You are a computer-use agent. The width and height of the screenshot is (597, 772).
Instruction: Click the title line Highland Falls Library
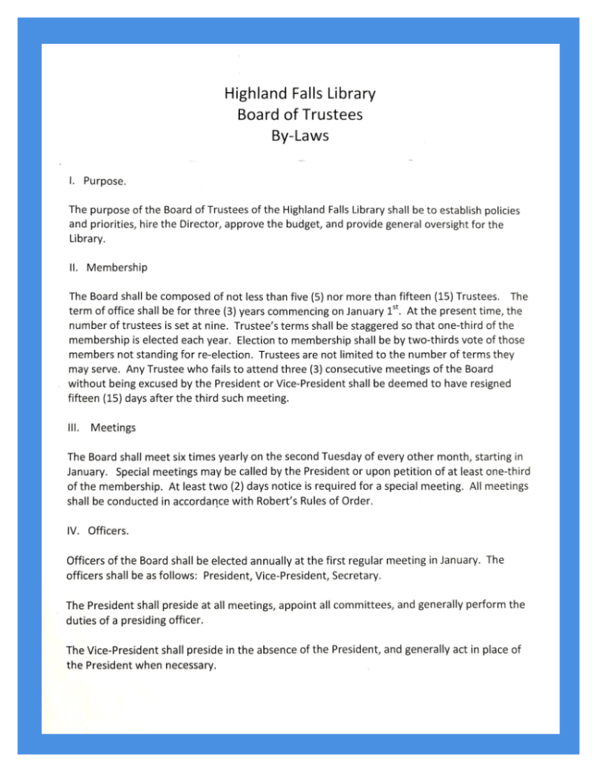pyautogui.click(x=300, y=94)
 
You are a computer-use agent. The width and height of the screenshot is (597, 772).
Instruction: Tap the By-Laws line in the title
pyautogui.click(x=300, y=137)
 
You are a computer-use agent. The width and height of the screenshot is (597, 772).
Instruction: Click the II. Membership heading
pyautogui.click(x=107, y=267)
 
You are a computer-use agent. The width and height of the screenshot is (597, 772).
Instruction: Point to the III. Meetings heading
pyautogui.click(x=102, y=428)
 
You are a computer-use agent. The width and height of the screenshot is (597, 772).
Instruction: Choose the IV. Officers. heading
pyautogui.click(x=98, y=531)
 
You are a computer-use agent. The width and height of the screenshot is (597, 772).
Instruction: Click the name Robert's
pyautogui.click(x=263, y=500)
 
